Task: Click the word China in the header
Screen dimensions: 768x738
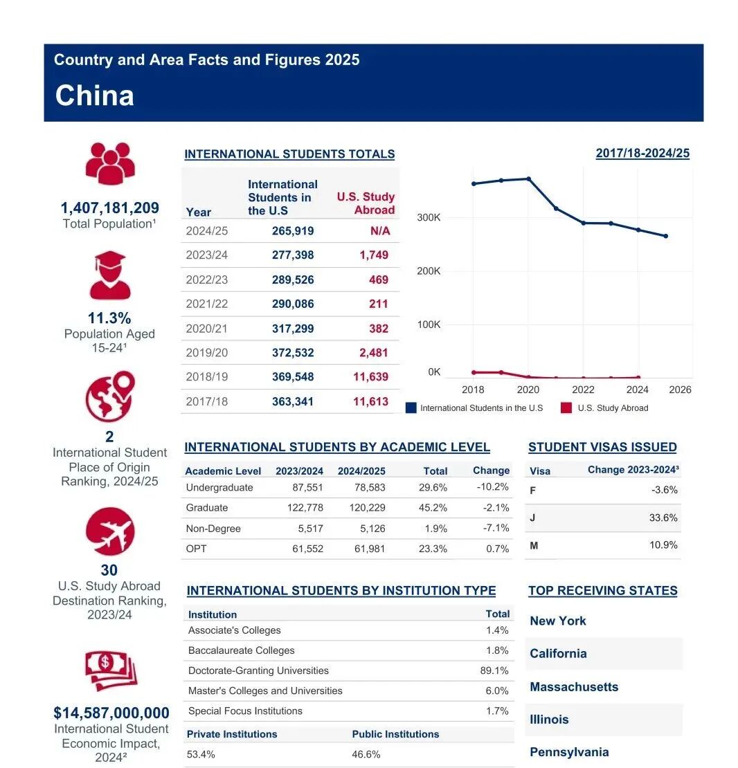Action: [94, 95]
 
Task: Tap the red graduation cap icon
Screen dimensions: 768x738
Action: [109, 275]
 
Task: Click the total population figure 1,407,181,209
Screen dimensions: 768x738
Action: [109, 208]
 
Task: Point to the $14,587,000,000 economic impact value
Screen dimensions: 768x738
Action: [111, 713]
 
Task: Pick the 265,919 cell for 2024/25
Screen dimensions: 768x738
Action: [292, 230]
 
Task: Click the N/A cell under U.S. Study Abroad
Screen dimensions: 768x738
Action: [380, 230]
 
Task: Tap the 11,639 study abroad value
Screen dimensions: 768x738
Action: [370, 377]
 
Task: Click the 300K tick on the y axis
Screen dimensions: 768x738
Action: [429, 218]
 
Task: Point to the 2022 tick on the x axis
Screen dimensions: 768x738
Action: [583, 390]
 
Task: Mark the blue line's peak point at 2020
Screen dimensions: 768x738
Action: [529, 179]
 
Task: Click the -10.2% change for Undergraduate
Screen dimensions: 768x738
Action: [492, 487]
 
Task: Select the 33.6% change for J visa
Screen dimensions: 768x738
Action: [663, 518]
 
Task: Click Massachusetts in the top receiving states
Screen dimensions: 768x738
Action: [574, 687]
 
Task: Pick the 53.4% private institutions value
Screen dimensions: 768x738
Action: [201, 754]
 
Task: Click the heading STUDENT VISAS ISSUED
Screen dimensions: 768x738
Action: [602, 447]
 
